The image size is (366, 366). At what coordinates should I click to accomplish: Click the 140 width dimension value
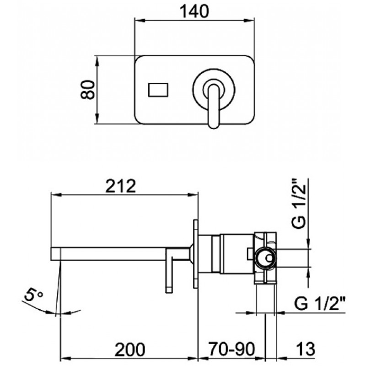(195, 11)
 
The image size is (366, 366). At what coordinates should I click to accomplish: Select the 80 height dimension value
(88, 90)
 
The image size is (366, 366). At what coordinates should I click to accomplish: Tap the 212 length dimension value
(120, 186)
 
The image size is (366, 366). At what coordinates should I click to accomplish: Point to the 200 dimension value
(130, 350)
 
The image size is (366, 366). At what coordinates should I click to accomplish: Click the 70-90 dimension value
(232, 350)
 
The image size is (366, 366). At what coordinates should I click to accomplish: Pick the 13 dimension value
(306, 350)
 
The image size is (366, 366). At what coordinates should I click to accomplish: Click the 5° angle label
(33, 294)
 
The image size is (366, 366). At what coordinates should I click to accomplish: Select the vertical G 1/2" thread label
(298, 203)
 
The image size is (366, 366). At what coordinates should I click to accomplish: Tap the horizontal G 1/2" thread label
(319, 303)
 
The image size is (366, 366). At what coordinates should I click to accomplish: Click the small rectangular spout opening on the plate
(158, 90)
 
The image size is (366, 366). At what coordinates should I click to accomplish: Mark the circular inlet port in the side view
(266, 258)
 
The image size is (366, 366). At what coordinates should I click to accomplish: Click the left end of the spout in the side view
(51, 254)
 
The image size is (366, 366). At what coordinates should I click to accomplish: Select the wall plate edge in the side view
(196, 254)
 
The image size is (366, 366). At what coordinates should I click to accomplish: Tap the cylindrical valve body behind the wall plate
(237, 253)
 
